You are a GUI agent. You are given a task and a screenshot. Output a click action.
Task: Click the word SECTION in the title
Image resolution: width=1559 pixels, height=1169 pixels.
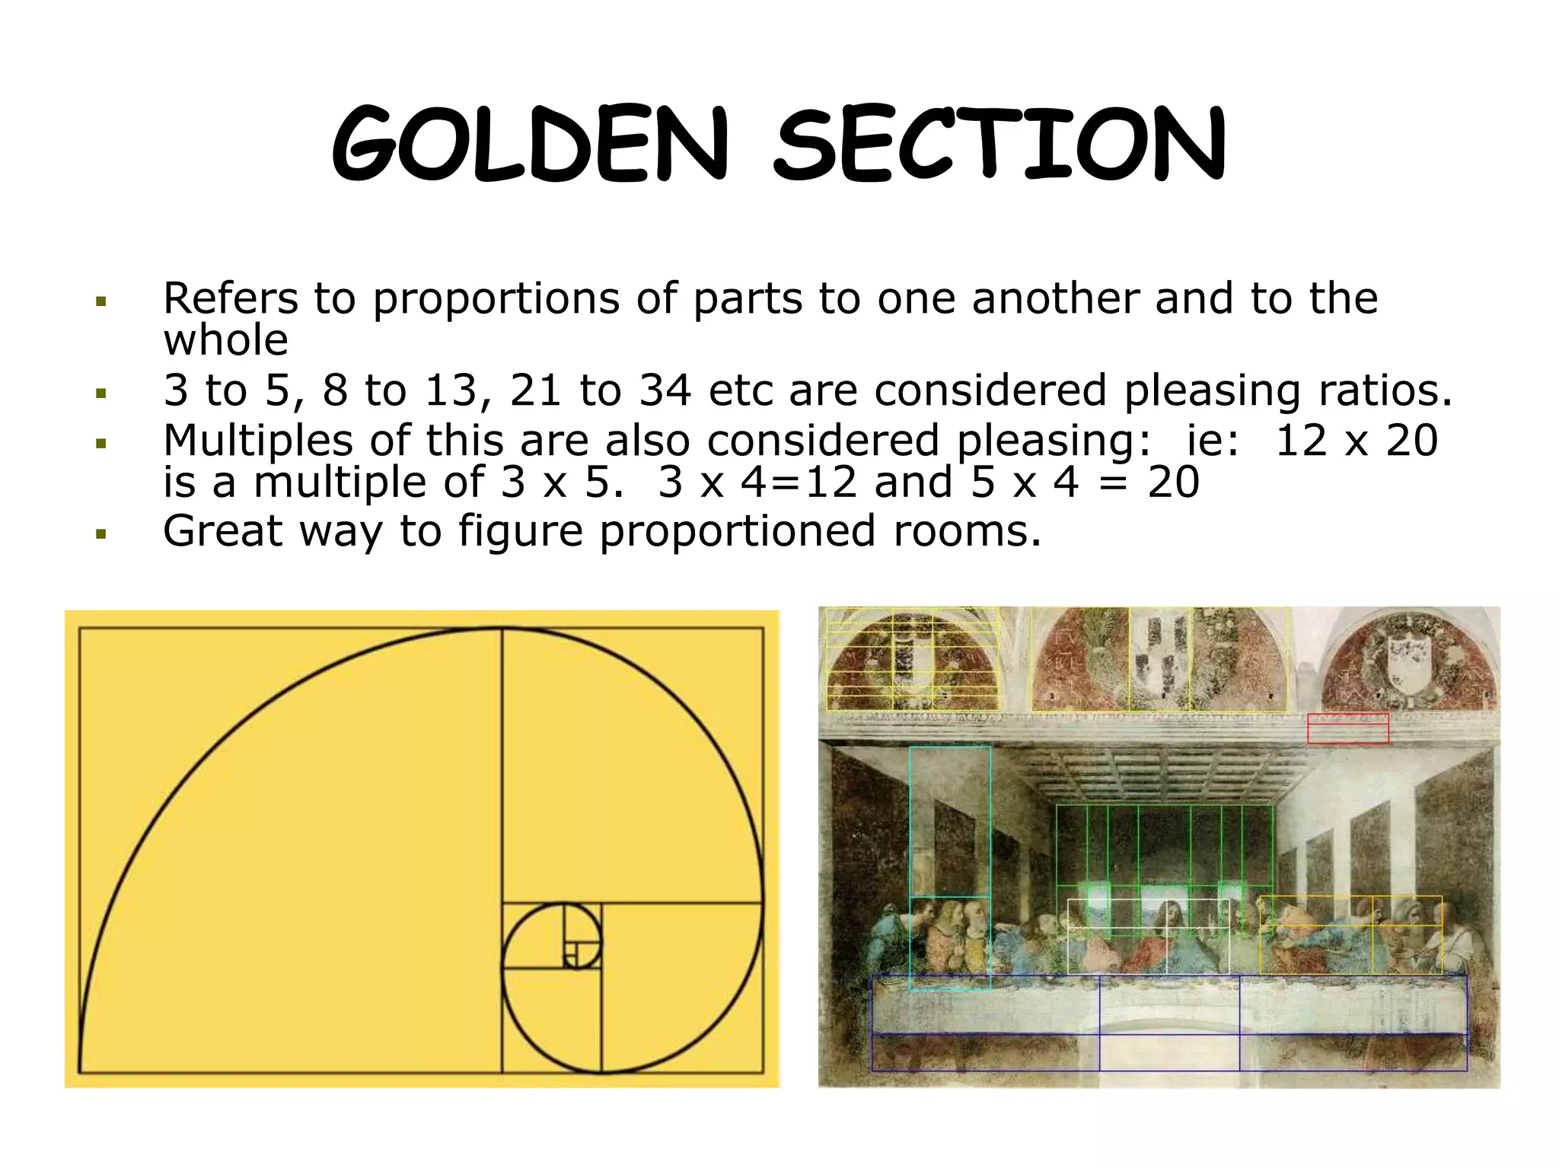[x=999, y=145]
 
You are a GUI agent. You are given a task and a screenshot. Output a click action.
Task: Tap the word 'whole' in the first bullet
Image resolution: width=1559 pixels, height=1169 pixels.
[x=226, y=340]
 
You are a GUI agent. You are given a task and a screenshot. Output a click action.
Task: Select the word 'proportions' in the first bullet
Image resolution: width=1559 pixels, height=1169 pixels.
[x=496, y=298]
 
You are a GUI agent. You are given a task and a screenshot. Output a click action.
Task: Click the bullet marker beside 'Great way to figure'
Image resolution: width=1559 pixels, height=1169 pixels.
[x=100, y=534]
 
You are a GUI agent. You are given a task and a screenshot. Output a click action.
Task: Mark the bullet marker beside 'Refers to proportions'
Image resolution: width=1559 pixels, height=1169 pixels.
[x=100, y=302]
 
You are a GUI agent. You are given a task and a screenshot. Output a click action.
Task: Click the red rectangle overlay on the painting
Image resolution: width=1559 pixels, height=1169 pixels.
[x=1348, y=728]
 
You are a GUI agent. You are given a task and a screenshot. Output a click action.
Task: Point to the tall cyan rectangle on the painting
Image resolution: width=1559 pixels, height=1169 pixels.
[x=950, y=822]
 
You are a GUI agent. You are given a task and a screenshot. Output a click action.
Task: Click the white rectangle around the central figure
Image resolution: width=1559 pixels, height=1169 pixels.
[x=1148, y=936]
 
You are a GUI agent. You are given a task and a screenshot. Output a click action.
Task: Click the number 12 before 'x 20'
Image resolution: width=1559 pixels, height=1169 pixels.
[x=1302, y=441]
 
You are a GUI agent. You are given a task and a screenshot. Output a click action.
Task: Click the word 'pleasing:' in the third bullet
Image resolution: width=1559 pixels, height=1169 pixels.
[x=1054, y=441]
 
